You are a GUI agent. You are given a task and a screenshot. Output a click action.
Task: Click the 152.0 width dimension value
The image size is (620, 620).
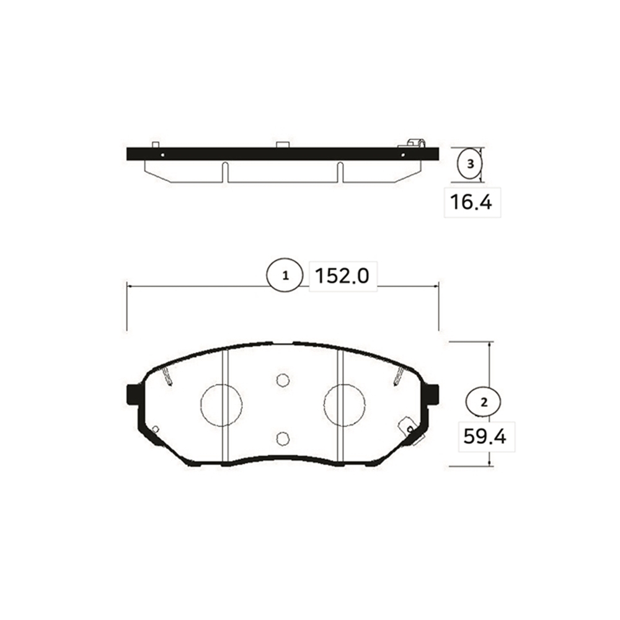point(342,276)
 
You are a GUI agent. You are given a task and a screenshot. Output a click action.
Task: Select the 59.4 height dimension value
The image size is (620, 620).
point(485,436)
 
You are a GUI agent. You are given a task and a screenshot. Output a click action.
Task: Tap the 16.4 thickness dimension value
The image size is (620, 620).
point(471,202)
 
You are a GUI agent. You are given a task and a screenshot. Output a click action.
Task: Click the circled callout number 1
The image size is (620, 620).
point(285,276)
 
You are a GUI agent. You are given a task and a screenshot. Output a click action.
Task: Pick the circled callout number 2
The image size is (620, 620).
point(484,402)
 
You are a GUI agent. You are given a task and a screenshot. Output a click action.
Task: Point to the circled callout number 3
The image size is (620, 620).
point(470,164)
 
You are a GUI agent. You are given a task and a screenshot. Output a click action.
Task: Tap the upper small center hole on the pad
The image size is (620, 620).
point(283,381)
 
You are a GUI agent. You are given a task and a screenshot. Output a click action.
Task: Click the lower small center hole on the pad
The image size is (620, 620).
point(283,438)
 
